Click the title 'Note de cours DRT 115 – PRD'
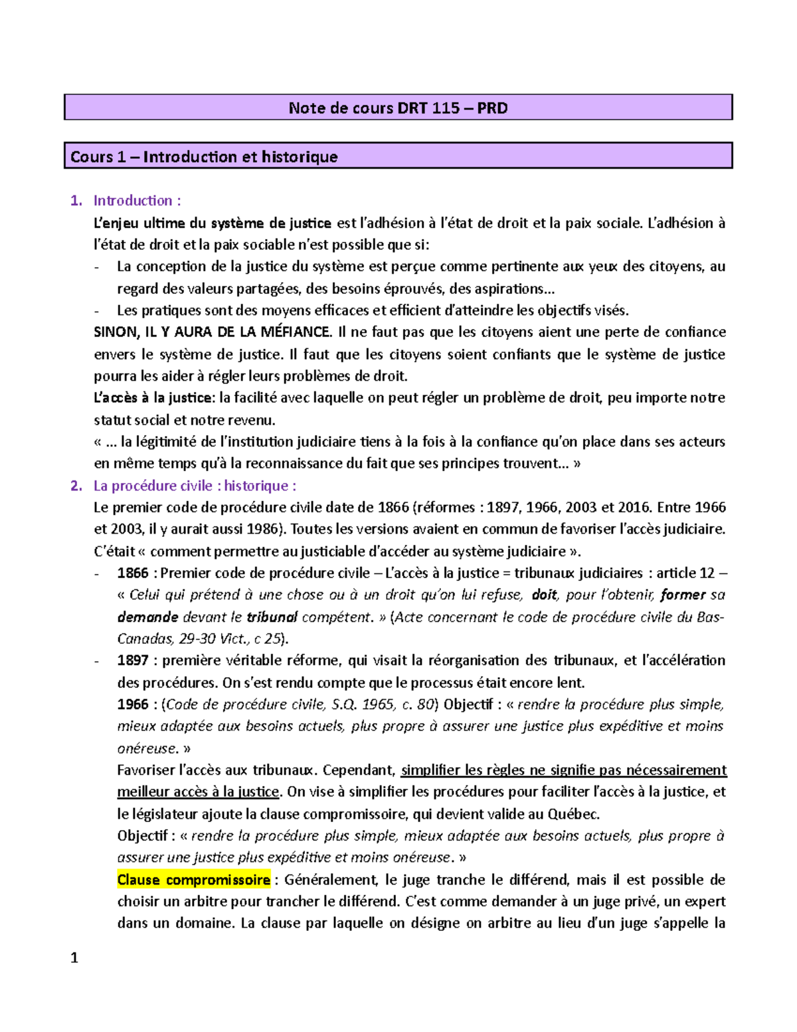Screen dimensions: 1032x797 point(398,108)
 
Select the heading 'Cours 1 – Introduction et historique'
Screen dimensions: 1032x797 point(204,157)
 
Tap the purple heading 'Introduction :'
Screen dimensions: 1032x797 point(137,201)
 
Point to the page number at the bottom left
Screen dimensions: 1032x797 point(74,958)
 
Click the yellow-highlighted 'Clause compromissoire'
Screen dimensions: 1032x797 point(193,880)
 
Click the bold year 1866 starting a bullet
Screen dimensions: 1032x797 point(133,573)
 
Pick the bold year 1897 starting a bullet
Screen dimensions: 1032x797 point(133,661)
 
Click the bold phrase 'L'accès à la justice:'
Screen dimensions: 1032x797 point(154,398)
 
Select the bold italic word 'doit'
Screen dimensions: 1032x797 point(544,595)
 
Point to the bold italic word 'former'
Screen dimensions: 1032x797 point(682,595)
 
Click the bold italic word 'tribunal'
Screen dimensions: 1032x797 point(272,617)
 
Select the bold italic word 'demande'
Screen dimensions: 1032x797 point(147,617)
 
